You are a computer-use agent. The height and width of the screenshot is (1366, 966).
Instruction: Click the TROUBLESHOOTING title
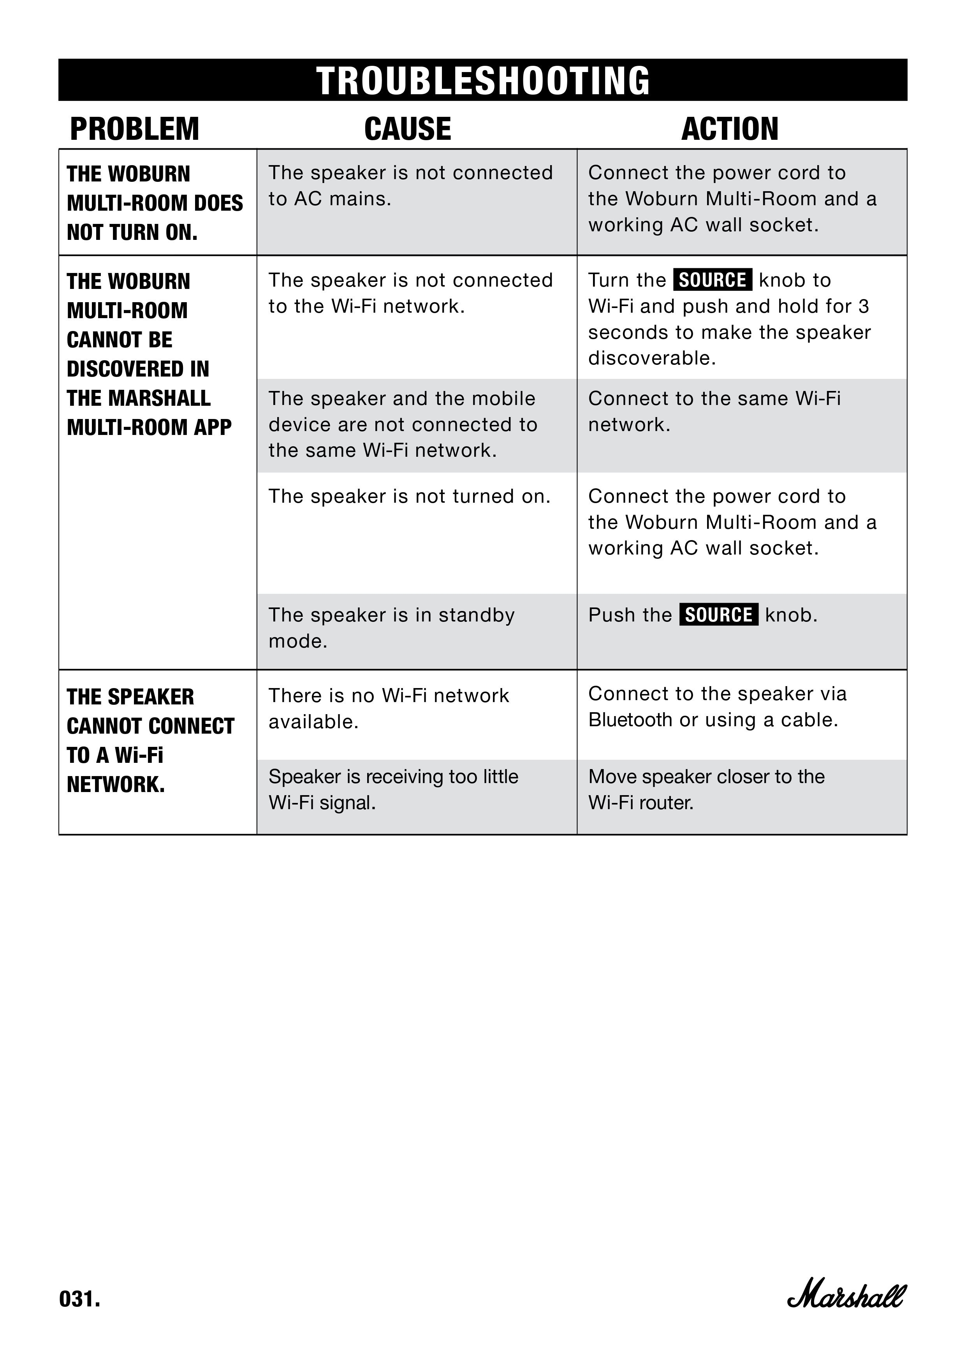tap(483, 81)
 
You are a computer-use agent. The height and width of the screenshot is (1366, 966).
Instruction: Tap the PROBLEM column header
tap(134, 129)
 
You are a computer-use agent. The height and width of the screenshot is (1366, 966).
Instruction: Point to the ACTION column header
tap(729, 129)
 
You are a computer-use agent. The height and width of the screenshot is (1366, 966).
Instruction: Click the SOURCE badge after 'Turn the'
tap(712, 280)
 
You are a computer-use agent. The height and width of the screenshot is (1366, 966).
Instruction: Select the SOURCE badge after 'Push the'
tap(718, 614)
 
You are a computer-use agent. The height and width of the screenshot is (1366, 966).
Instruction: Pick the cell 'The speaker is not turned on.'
tap(409, 496)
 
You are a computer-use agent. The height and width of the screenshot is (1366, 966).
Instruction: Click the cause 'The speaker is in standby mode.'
tap(391, 628)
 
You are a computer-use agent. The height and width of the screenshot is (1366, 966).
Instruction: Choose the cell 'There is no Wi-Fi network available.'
tap(389, 708)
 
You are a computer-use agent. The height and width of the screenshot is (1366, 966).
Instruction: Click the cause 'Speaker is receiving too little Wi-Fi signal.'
tap(393, 789)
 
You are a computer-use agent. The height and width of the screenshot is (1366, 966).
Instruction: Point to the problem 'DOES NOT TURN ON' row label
tap(155, 203)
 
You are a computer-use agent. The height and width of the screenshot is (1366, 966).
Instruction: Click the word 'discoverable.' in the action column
tap(651, 358)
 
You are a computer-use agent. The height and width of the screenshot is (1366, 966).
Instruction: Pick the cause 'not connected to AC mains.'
tap(410, 186)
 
